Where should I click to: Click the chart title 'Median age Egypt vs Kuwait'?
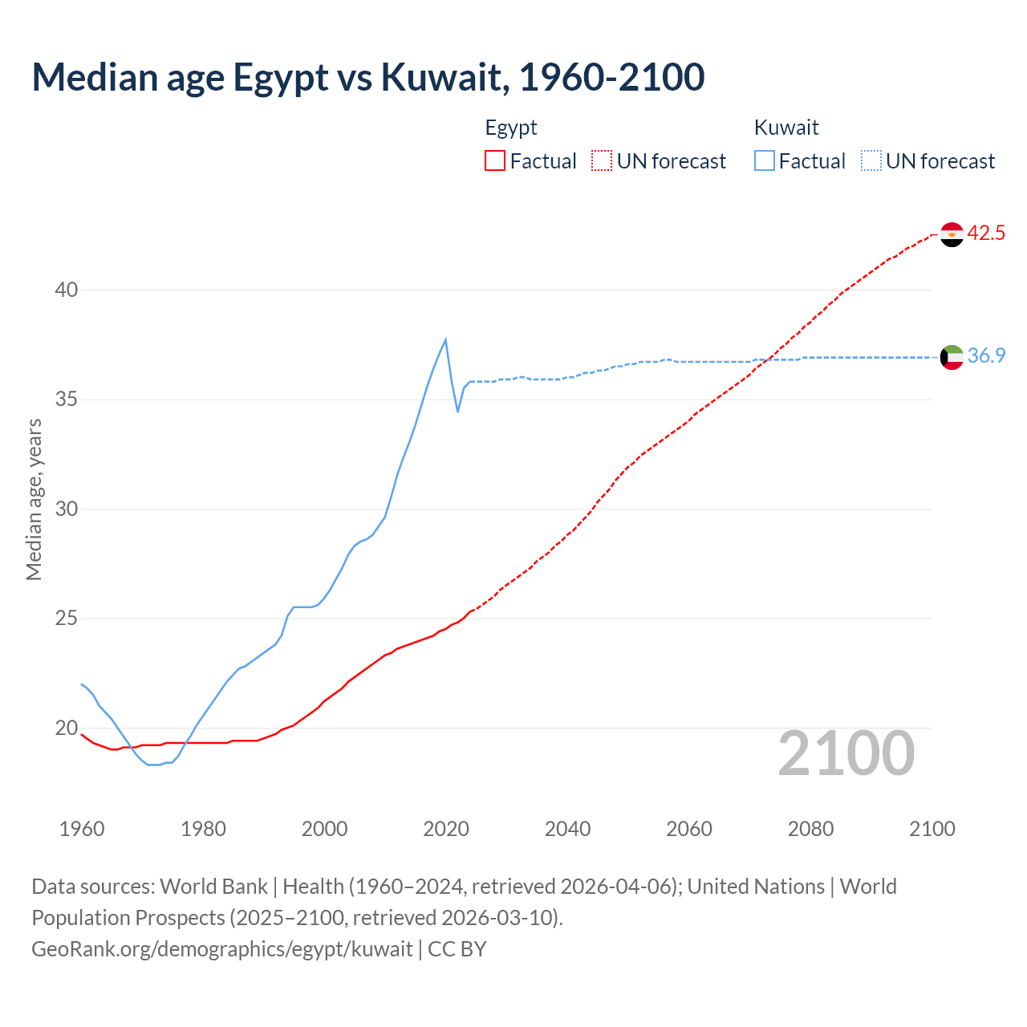point(367,77)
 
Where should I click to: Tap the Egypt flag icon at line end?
point(952,234)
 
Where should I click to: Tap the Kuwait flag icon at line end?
point(952,357)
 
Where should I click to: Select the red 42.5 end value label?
point(986,233)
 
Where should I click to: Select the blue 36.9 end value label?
point(986,356)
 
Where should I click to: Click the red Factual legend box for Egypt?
point(495,161)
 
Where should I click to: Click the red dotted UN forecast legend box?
point(602,161)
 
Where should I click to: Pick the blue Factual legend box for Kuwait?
point(765,161)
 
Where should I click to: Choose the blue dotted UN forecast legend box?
point(871,161)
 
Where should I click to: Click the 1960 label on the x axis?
point(82,829)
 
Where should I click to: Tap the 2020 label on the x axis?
point(446,829)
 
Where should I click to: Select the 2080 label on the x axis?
point(810,829)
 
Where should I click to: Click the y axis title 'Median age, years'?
point(34,499)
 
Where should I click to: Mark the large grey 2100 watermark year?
point(846,753)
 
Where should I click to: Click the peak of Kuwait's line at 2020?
point(445,339)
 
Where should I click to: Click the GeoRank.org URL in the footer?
point(222,949)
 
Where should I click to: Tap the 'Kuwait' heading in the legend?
point(786,128)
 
